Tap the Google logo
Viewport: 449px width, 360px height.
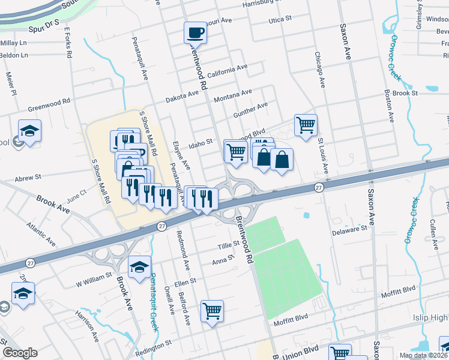pos(20,353)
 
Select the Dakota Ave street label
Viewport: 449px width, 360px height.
pos(182,95)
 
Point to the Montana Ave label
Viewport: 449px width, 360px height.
pos(233,95)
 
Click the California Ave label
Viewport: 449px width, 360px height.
pos(227,72)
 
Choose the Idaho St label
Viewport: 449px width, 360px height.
pos(201,143)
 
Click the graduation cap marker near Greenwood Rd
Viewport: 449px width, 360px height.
pos(29,131)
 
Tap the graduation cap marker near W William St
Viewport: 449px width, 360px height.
pos(139,268)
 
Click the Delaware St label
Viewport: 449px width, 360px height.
pos(349,229)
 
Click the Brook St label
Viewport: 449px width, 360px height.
pos(405,93)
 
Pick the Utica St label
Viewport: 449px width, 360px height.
pos(280,19)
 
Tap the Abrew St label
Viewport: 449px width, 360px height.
pos(28,178)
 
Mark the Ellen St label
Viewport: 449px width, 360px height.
pos(184,281)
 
